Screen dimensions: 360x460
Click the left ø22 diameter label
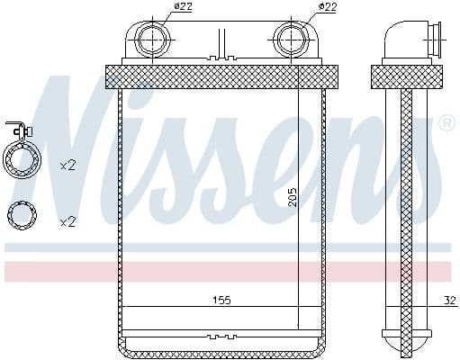(x=183, y=8)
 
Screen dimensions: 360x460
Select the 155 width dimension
(x=221, y=301)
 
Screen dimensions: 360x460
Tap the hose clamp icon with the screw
(x=23, y=160)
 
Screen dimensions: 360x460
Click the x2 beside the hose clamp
(x=68, y=166)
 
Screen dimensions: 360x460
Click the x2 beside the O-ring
(x=68, y=220)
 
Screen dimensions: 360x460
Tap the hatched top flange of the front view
(x=221, y=76)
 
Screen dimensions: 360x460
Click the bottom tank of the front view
(x=221, y=345)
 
